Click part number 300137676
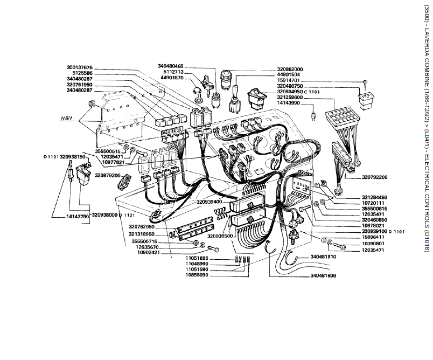(79, 67)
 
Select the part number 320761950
(79, 85)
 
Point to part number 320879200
(107, 175)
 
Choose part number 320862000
(290, 70)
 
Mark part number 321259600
(290, 97)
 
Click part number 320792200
(361, 177)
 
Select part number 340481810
(323, 257)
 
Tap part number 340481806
(323, 276)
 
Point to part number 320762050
(142, 226)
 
